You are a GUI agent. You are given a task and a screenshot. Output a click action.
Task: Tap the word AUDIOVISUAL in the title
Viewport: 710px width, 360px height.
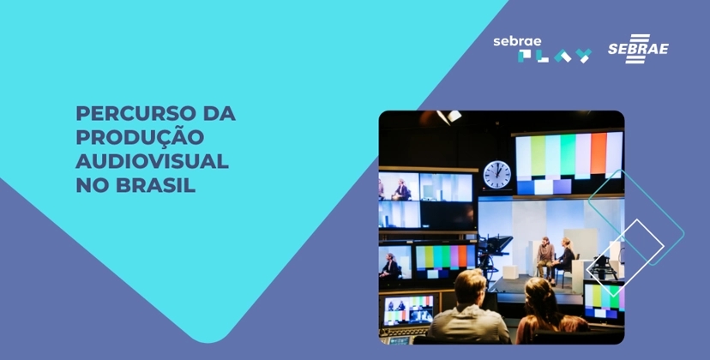coord(152,160)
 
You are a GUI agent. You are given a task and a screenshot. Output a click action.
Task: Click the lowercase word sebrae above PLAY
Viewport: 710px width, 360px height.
coord(517,41)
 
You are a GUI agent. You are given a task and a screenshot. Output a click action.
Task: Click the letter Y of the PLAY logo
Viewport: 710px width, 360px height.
coord(583,57)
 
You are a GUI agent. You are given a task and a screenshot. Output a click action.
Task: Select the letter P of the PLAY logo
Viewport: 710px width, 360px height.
coord(526,57)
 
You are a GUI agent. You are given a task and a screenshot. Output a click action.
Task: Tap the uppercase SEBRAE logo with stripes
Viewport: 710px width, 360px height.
coord(638,48)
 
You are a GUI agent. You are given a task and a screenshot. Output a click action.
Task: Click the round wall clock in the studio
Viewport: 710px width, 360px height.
coord(496,175)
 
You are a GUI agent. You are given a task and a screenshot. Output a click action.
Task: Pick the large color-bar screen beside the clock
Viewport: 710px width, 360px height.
coord(569,157)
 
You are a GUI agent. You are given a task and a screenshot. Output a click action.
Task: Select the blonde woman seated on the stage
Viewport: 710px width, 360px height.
coord(566,255)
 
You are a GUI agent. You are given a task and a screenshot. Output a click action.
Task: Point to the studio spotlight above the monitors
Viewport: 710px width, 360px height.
coord(448,117)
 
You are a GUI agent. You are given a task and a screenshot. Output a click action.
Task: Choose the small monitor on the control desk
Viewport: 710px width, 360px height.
coord(410,308)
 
